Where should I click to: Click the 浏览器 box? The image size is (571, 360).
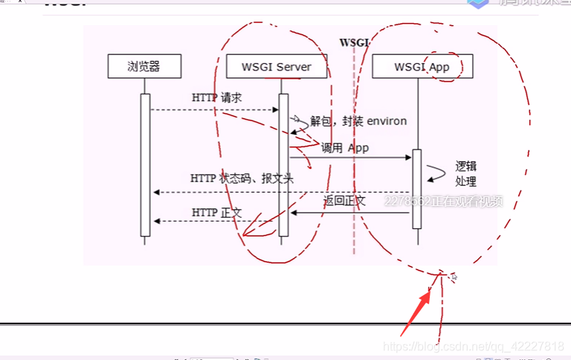pyautogui.click(x=144, y=67)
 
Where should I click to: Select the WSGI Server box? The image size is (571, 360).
pyautogui.click(x=277, y=67)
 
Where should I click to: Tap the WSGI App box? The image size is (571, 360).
pyautogui.click(x=421, y=67)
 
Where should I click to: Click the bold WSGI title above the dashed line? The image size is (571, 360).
pyautogui.click(x=354, y=42)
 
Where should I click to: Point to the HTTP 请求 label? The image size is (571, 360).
pyautogui.click(x=216, y=98)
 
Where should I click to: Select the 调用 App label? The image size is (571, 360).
pyautogui.click(x=345, y=148)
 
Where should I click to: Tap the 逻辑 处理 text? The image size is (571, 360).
pyautogui.click(x=466, y=173)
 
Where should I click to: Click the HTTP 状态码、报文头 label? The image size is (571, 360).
pyautogui.click(x=242, y=179)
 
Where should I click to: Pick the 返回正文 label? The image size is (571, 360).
pyautogui.click(x=344, y=201)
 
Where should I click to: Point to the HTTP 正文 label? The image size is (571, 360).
pyautogui.click(x=216, y=213)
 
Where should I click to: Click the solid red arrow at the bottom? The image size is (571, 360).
pyautogui.click(x=416, y=312)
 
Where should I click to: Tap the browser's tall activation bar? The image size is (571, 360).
pyautogui.click(x=146, y=164)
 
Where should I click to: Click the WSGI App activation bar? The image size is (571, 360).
pyautogui.click(x=417, y=189)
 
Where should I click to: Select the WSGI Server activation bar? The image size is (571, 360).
pyautogui.click(x=283, y=164)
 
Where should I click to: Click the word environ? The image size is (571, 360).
pyautogui.click(x=386, y=120)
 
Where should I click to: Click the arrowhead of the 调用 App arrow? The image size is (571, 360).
pyautogui.click(x=408, y=158)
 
